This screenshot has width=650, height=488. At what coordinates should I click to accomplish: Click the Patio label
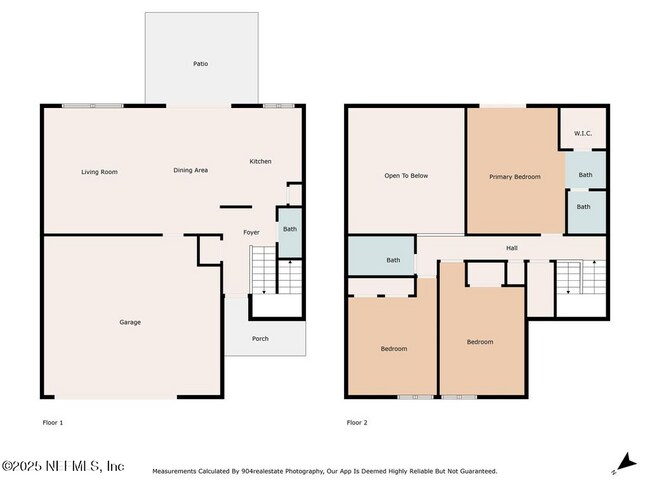point(201,64)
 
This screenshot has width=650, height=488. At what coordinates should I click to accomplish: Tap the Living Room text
point(99,172)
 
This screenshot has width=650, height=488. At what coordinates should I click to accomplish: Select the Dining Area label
point(190,171)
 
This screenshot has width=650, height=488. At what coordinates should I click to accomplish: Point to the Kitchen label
point(260,161)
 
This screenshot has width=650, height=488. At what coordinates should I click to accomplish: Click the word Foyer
point(252,232)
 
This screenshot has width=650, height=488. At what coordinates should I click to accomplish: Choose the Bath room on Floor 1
point(289,229)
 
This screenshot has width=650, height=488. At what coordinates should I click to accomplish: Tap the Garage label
point(130,322)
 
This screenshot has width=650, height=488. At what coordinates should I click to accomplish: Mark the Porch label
point(260,339)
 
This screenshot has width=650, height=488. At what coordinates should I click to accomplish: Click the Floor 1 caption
point(52,423)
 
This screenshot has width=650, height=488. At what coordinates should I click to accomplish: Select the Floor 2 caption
point(357,423)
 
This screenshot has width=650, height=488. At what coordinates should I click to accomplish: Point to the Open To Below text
point(406,176)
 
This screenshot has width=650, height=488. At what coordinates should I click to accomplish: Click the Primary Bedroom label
point(514,177)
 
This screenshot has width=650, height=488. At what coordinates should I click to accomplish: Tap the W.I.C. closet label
point(584,133)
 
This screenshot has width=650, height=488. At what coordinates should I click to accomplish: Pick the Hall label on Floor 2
point(511,248)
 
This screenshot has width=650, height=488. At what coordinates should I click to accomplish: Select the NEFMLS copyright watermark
point(63,467)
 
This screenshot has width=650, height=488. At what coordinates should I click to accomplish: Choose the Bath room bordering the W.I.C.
point(585,174)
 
